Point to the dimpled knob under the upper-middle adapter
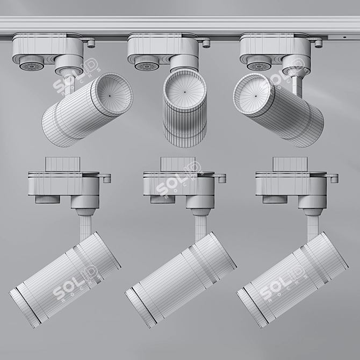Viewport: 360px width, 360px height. (x=146, y=66)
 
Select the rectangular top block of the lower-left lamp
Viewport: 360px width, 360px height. (x=62, y=163)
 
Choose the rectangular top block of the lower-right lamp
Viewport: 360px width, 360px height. (x=290, y=163)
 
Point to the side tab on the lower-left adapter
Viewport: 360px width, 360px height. (x=106, y=177)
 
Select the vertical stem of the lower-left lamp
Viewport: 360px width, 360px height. (x=85, y=225)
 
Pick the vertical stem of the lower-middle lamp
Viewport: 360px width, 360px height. (x=200, y=225)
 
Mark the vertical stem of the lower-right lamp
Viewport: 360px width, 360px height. (x=313, y=225)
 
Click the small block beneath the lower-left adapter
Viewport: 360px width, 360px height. (x=47, y=199)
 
